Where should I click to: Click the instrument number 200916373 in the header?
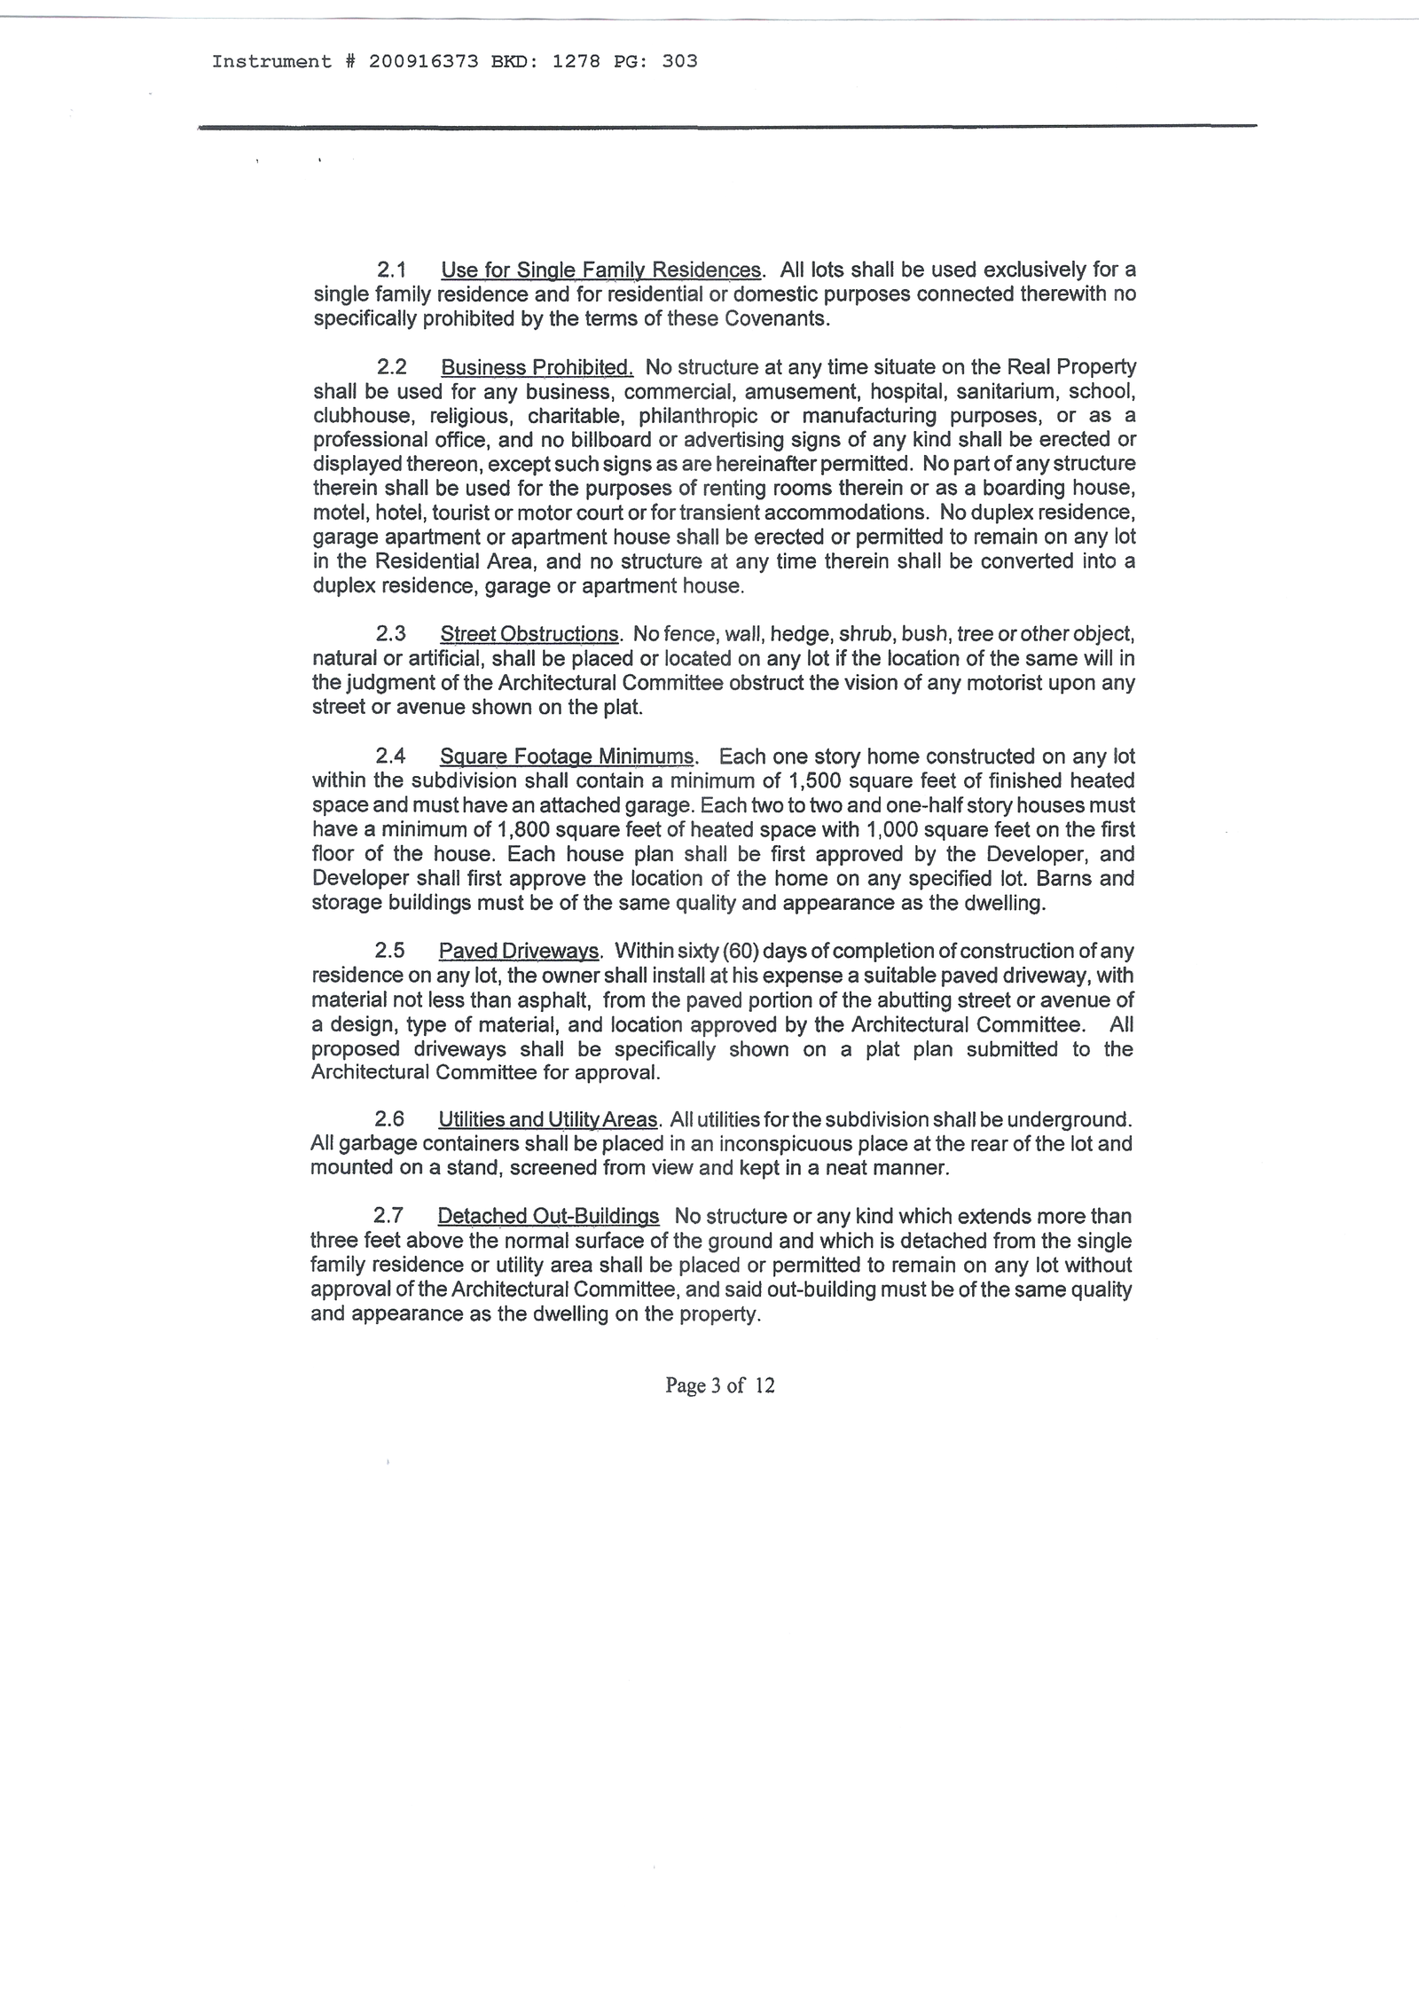[x=424, y=61]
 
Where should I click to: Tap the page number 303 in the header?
[x=679, y=61]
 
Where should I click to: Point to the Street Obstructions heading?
[x=529, y=634]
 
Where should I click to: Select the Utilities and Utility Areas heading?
[x=549, y=1119]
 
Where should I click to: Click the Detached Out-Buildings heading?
[x=548, y=1216]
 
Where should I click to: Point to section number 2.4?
[x=390, y=757]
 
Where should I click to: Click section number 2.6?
[x=389, y=1119]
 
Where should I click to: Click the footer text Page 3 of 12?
[x=719, y=1385]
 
